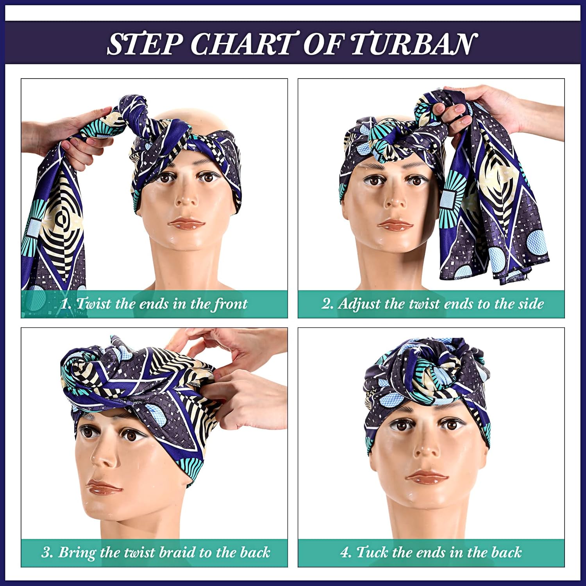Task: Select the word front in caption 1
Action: pyautogui.click(x=230, y=304)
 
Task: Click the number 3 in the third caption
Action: pyautogui.click(x=46, y=552)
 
